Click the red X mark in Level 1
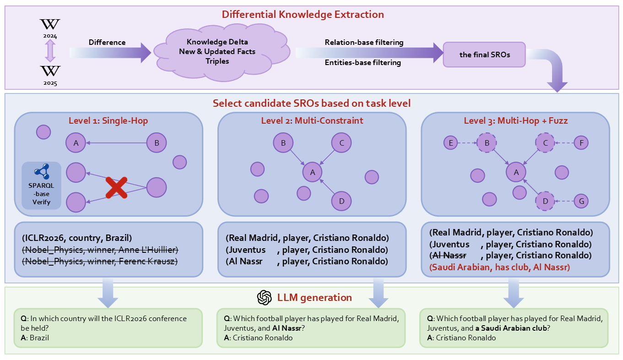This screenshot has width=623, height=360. click(x=116, y=187)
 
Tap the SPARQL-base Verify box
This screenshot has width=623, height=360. click(x=41, y=185)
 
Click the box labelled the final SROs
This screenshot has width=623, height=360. click(x=484, y=55)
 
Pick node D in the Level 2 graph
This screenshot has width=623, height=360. click(x=341, y=201)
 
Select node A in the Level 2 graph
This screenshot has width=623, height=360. click(x=313, y=172)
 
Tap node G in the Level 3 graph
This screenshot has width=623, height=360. click(x=581, y=201)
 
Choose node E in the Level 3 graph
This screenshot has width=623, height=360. click(x=451, y=143)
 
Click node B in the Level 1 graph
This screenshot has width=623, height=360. click(x=157, y=143)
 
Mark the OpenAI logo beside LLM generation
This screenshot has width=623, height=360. click(x=265, y=298)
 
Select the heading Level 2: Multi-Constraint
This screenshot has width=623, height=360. click(x=312, y=121)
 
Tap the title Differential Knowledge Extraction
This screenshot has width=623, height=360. click(x=303, y=14)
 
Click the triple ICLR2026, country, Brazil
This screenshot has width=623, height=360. click(x=76, y=238)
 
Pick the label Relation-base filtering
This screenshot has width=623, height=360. click(x=364, y=42)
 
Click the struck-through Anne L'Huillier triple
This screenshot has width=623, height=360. click(x=100, y=250)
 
